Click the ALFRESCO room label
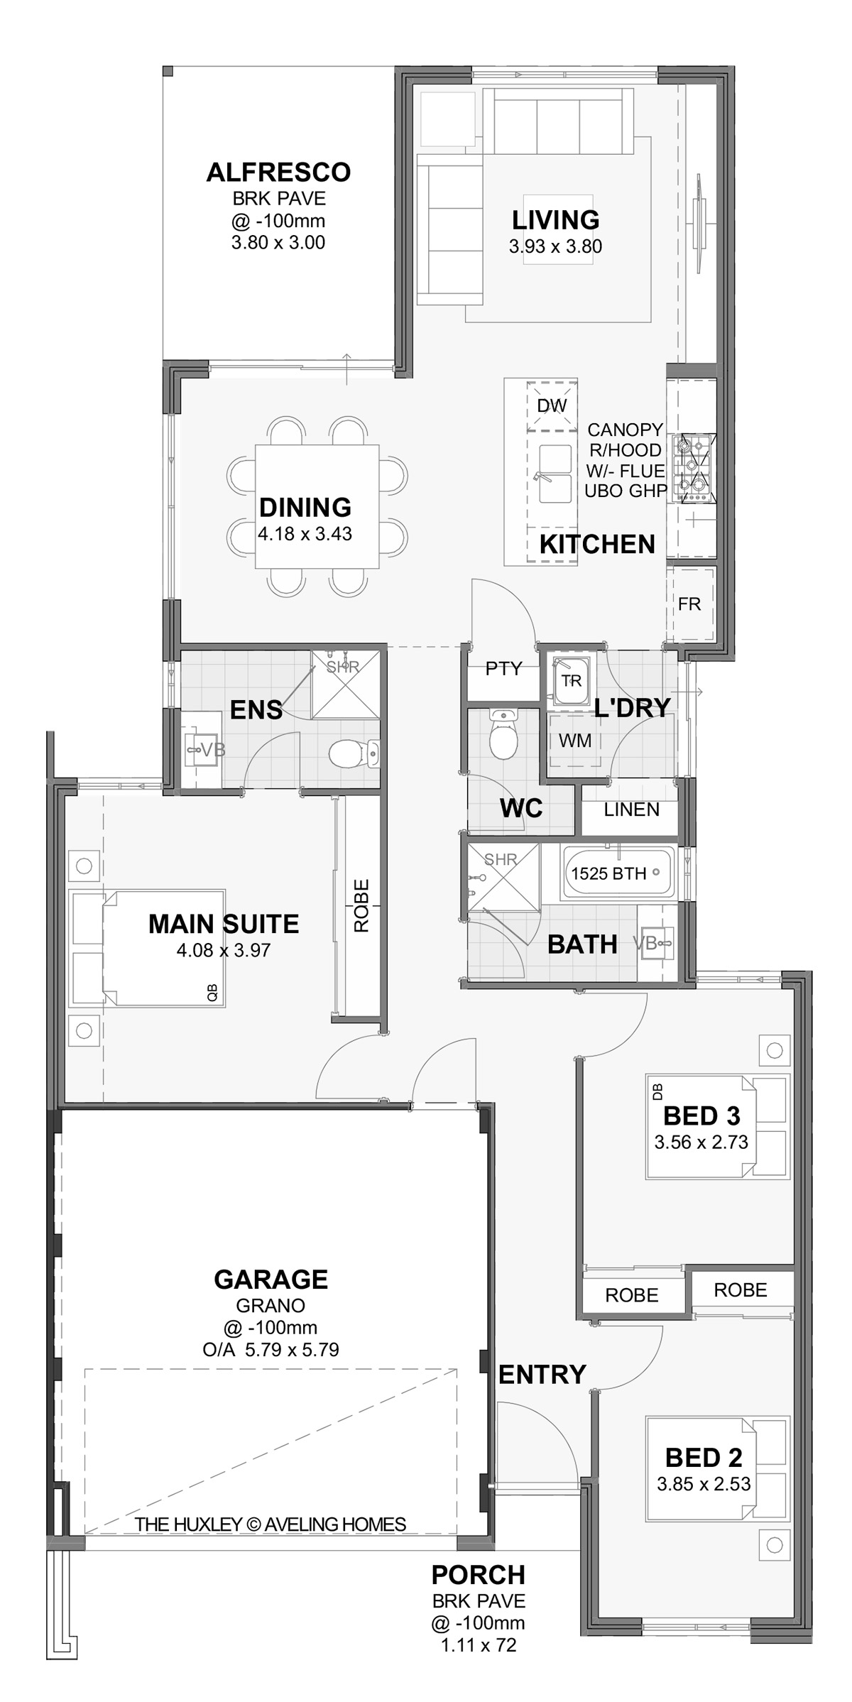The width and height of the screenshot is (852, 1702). (x=278, y=173)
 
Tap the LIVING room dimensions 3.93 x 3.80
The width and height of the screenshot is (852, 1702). (x=555, y=246)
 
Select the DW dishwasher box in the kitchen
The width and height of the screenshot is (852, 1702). (x=552, y=406)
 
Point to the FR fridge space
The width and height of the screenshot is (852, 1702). (x=689, y=603)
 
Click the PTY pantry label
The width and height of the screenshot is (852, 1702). (x=503, y=668)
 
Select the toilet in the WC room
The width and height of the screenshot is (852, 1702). (x=503, y=734)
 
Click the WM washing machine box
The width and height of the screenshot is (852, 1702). (x=575, y=741)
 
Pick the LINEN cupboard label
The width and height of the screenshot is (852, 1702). (x=631, y=809)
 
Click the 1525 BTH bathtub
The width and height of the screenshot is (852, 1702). (x=619, y=872)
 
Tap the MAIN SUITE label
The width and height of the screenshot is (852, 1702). (x=224, y=924)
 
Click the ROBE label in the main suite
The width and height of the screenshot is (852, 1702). (x=361, y=905)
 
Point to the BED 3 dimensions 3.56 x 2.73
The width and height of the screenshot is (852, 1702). (x=701, y=1142)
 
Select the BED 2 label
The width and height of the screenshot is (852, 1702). (x=703, y=1458)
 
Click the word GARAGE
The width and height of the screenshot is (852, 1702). (x=271, y=1280)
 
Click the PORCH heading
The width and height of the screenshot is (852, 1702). (x=479, y=1575)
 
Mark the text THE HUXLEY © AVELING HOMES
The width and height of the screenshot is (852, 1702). (x=271, y=1524)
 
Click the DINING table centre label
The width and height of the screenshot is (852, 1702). (x=305, y=508)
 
